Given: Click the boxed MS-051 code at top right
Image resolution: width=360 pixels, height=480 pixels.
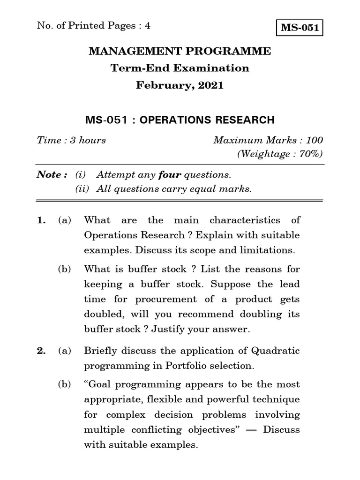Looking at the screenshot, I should [300, 28].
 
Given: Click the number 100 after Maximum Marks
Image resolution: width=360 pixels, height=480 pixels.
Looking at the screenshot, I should [314, 140].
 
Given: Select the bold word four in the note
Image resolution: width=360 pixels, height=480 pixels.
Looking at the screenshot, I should [170, 175].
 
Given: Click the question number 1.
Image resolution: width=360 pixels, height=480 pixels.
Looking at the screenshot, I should [40, 220].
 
